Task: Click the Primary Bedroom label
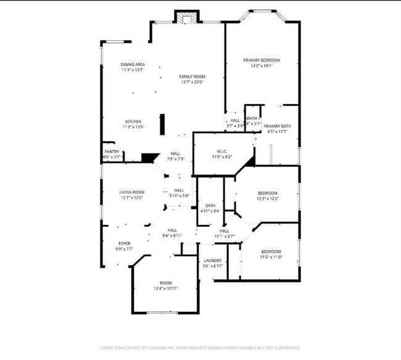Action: tap(262, 60)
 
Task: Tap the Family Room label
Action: tap(192, 77)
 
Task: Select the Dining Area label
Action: tap(133, 65)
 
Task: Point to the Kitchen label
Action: tap(134, 121)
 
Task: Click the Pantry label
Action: tap(112, 152)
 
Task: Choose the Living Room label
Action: tap(131, 192)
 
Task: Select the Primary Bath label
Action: tap(277, 126)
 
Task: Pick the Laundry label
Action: tap(212, 261)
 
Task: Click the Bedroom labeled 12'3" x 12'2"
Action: tap(267, 193)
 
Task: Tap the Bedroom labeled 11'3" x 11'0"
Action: tap(271, 252)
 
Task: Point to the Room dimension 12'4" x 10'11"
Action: tap(165, 288)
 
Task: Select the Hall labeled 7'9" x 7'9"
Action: tap(176, 153)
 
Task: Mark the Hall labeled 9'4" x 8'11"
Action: tap(172, 231)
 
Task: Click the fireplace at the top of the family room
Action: tap(187, 18)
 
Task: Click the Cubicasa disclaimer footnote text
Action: tap(200, 348)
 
